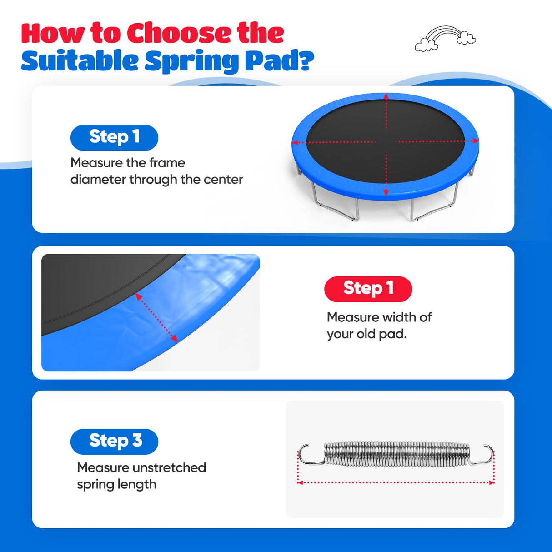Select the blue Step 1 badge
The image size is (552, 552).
click(x=114, y=137)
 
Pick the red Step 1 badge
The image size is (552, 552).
click(x=368, y=289)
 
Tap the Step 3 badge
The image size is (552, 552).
click(x=114, y=442)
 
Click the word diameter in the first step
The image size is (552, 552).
click(x=98, y=180)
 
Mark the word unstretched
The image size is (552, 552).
click(x=170, y=467)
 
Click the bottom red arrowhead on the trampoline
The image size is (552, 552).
click(x=386, y=192)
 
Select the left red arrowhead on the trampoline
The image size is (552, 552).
click(x=296, y=142)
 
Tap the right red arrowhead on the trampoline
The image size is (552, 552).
click(x=475, y=141)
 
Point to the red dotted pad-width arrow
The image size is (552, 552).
click(x=156, y=317)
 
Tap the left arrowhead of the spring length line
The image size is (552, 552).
click(x=300, y=483)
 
